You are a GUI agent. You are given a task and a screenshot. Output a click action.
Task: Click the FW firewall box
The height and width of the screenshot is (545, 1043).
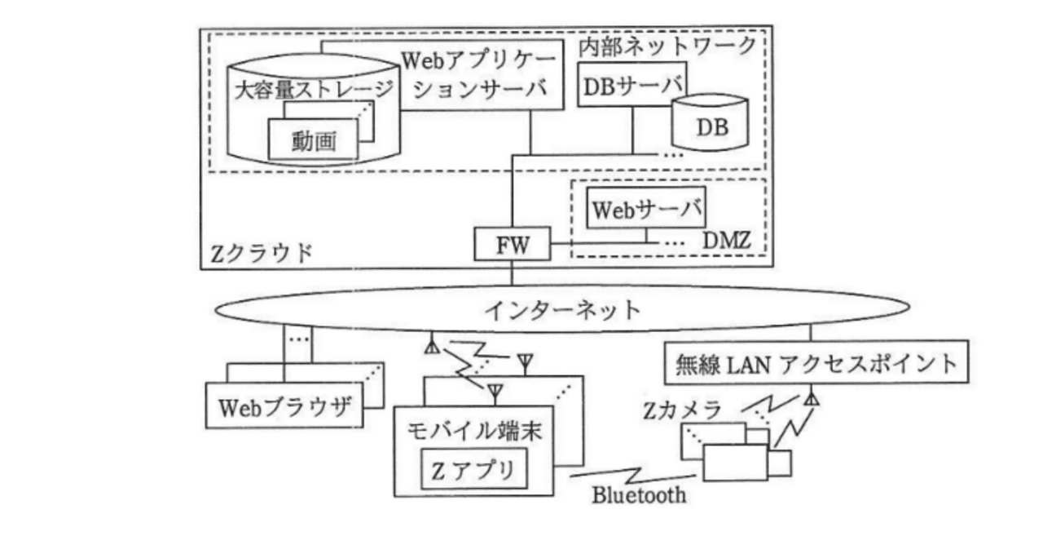tap(512, 245)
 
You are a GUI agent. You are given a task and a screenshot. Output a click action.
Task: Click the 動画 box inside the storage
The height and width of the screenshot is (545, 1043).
tap(314, 140)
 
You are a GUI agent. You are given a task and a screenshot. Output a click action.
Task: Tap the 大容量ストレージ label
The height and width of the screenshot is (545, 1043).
tap(314, 89)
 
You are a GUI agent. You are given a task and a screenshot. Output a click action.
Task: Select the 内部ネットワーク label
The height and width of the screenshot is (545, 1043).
tap(667, 47)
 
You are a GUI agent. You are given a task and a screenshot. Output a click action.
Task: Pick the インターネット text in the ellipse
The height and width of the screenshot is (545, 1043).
tap(562, 310)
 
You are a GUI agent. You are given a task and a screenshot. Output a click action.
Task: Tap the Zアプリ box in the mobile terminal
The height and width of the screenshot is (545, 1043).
tap(473, 471)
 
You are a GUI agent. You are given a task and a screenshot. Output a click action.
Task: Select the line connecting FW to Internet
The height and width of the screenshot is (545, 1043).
tap(512, 275)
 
